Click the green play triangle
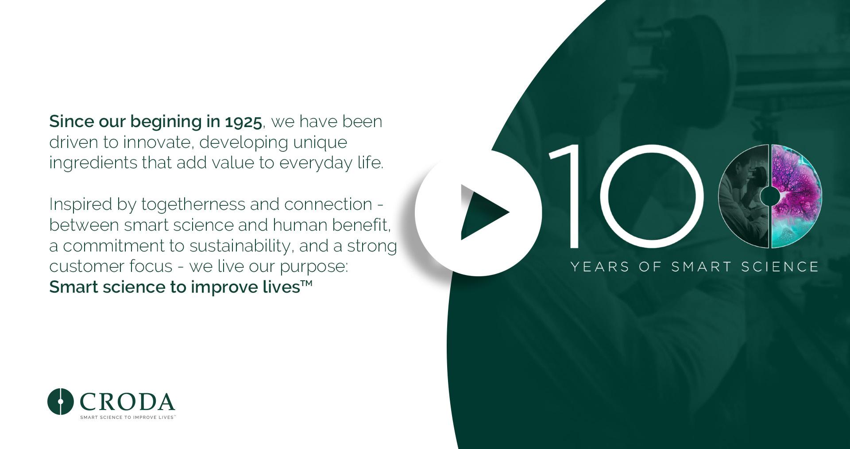[x=480, y=213]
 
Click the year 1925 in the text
[x=243, y=122]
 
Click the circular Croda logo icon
[x=60, y=402]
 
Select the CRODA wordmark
[x=127, y=402]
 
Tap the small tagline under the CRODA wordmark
[x=127, y=418]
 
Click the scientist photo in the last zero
[x=743, y=196]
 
